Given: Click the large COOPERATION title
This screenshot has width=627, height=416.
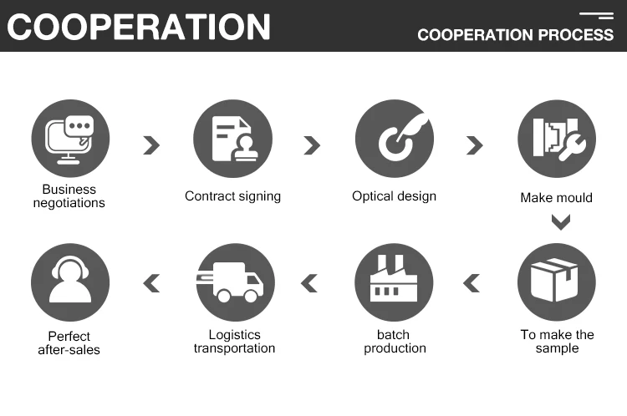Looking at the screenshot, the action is pos(139,26).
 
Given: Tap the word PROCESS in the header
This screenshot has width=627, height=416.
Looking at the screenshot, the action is pos(576,35).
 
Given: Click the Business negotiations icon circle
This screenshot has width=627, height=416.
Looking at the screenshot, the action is pos(70,139).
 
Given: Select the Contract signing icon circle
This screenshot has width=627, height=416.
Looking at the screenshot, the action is pos(232,139).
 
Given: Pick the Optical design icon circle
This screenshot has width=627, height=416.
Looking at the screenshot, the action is pos(395,139).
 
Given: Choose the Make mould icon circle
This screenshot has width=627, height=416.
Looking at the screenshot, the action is pos(557,139).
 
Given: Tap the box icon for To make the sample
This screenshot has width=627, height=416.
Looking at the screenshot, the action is pos(557,282).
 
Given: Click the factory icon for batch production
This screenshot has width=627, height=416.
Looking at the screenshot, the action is pos(395,282).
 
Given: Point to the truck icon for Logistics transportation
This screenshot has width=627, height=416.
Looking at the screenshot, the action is pos(232,282).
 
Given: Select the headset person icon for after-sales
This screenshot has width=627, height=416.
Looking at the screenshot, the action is pos(70,282).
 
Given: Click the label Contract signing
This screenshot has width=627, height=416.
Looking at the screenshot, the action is pos(232,196).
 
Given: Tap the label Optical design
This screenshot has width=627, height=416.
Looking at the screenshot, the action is pos(395,196).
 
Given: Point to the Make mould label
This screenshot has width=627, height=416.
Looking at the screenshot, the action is pos(557,198).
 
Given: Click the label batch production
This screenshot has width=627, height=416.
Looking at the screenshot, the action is pos(395,342).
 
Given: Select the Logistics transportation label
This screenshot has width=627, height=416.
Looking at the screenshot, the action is pos(234,342).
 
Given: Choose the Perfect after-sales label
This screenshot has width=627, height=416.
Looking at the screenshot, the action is pos(69,343).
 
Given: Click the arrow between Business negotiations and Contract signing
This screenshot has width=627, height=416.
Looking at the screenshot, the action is pos(150,145).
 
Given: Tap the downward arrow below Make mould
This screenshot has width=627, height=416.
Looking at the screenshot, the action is pos(560,222).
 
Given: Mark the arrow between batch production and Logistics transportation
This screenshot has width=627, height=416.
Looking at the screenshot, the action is pos(310,283).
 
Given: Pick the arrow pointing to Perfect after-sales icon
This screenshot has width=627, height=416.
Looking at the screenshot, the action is pos(151,283).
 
